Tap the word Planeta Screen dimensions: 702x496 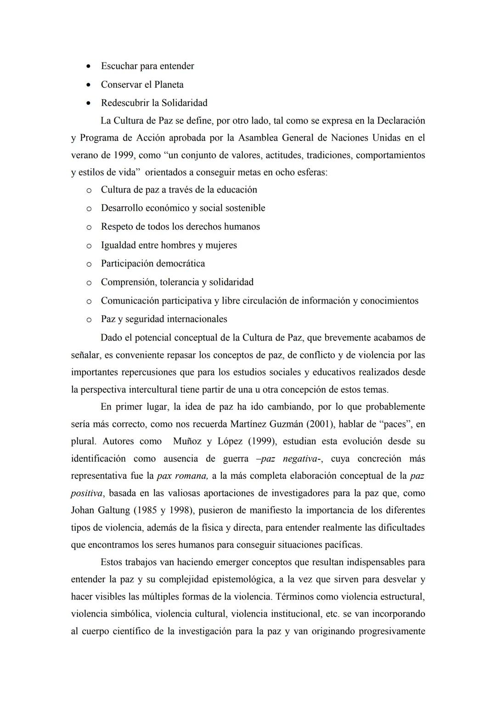[x=169, y=85]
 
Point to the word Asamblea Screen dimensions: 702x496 [x=258, y=138]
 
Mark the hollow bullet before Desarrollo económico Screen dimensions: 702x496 [x=89, y=209]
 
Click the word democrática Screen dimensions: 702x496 [x=180, y=264]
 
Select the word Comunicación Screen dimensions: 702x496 [x=130, y=301]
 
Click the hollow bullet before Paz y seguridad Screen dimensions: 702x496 [x=89, y=319]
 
